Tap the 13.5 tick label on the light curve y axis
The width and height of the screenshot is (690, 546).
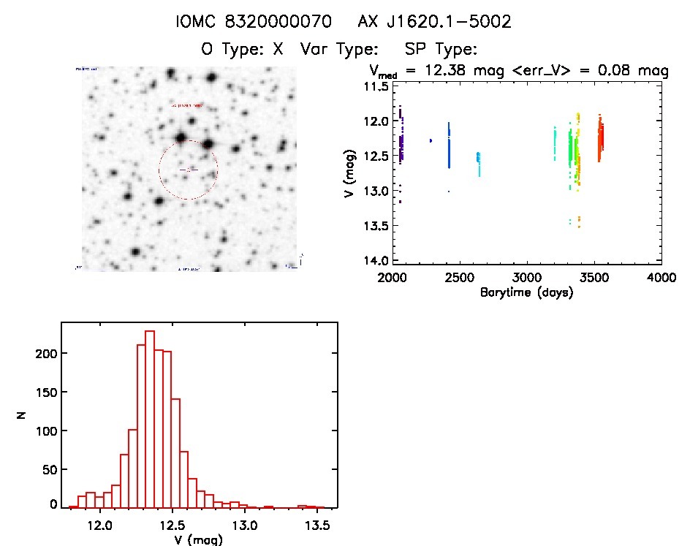tap(377, 226)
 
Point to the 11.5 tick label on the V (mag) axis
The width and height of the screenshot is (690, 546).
tap(377, 86)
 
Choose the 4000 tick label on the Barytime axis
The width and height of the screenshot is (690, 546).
tap(661, 278)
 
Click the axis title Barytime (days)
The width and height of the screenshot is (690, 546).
tap(526, 292)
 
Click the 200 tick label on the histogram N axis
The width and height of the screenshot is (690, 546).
tap(46, 353)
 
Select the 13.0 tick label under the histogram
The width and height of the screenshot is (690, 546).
tap(244, 525)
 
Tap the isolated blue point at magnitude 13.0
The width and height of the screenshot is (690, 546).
tap(448, 192)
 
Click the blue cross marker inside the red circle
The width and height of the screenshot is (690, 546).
tap(189, 169)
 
